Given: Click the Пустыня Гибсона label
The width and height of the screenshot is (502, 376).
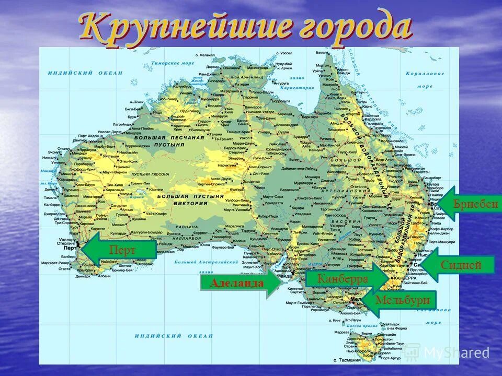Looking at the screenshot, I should tap(151, 173).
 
